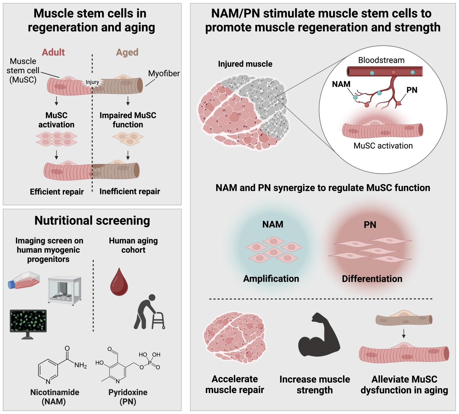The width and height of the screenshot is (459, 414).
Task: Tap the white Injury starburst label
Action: pyautogui.click(x=92, y=82)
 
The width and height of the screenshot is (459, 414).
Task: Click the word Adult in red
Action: pyautogui.click(x=53, y=52)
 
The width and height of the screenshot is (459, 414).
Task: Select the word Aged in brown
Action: pyautogui.click(x=127, y=52)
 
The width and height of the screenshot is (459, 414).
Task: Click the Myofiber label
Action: pyautogui.click(x=164, y=74)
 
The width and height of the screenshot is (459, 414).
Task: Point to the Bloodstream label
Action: pyautogui.click(x=381, y=60)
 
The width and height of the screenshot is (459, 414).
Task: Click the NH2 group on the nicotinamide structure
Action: pyautogui.click(x=81, y=365)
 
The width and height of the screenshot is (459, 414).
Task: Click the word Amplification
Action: pyautogui.click(x=271, y=279)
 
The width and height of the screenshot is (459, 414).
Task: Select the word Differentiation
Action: pyautogui.click(x=372, y=279)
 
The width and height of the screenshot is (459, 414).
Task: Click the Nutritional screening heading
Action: pyautogui.click(x=92, y=221)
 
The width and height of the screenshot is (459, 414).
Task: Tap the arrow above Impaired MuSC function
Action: pyautogui.click(x=128, y=101)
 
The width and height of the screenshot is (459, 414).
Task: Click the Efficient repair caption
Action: pyautogui.click(x=57, y=192)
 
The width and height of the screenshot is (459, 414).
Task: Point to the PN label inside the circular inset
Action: pyautogui.click(x=412, y=90)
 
